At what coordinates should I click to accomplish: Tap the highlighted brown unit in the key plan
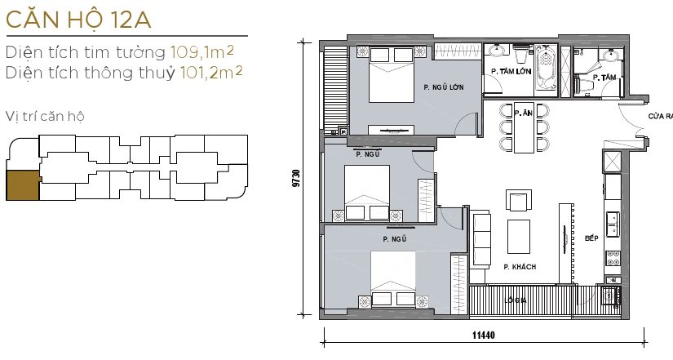pyautogui.click(x=23, y=185)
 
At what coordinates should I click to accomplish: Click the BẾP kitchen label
pyautogui.click(x=591, y=239)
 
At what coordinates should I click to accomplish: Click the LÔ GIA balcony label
pyautogui.click(x=516, y=300)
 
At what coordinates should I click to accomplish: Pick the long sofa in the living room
pyautogui.click(x=480, y=238)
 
